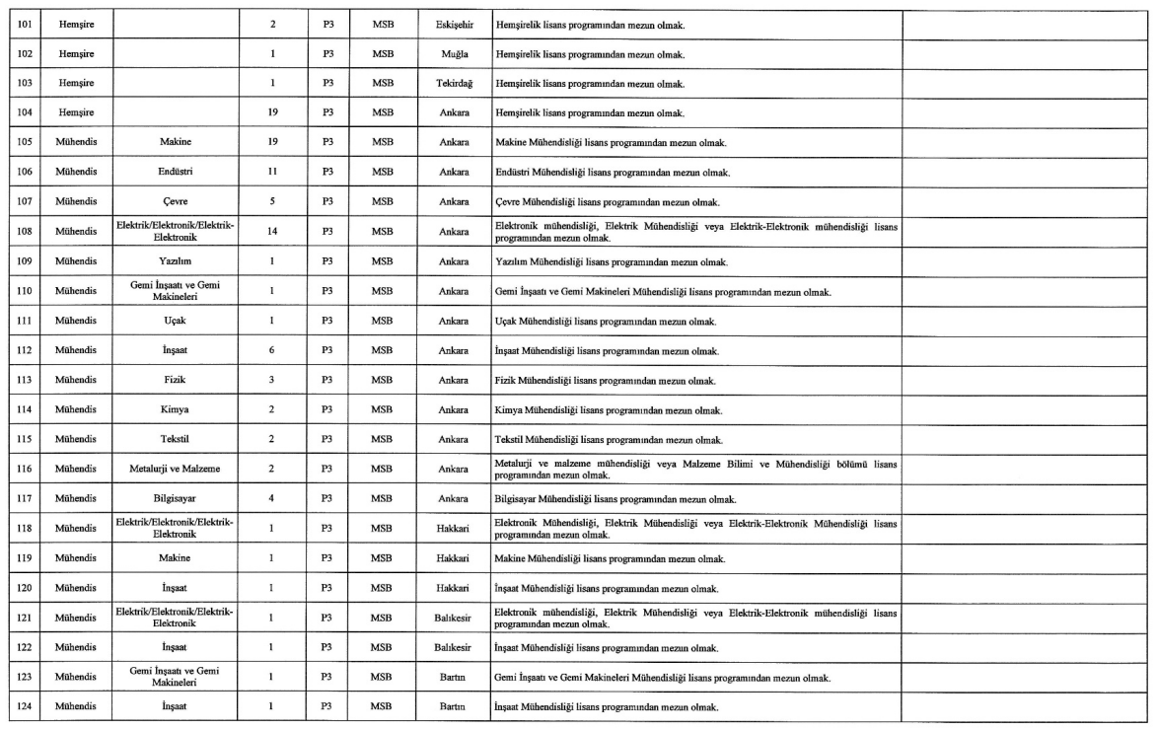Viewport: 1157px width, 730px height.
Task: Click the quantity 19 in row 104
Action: pyautogui.click(x=271, y=113)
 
